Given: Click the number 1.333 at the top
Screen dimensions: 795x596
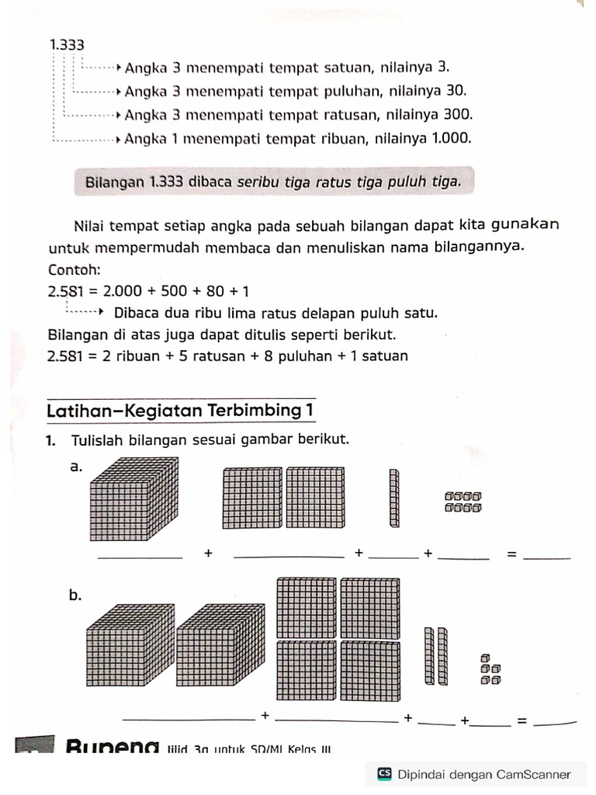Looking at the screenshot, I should point(67,46).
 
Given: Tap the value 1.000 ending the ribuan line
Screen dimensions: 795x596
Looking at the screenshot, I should point(451,139).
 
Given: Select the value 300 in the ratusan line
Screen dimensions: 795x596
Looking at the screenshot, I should point(457,115).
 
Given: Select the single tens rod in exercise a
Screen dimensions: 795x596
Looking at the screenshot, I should point(394,498).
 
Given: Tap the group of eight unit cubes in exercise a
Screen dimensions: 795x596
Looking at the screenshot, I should point(463,502).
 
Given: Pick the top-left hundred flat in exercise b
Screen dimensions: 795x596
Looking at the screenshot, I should point(307,606).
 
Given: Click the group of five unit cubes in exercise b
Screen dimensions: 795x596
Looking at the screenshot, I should point(490,669).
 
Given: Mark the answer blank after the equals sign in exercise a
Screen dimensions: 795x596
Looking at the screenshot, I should point(547,557).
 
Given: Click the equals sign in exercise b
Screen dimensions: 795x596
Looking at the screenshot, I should point(521,720).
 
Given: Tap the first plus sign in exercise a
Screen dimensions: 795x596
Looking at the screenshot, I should point(208,553).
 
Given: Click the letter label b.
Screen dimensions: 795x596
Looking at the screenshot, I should point(75,595).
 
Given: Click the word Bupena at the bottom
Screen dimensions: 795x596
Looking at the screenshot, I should point(113,748).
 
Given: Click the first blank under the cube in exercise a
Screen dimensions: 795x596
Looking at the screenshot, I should point(140,557).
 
